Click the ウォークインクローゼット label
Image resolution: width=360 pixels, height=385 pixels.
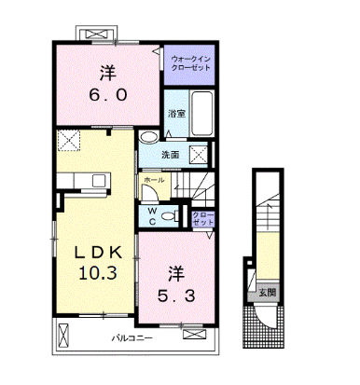(x=191, y=63)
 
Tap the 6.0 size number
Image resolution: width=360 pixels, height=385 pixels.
(x=108, y=95)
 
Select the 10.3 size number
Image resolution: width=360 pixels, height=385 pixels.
(x=98, y=273)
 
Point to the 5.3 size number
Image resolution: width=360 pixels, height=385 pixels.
(x=176, y=296)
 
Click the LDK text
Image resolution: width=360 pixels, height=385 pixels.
(x=98, y=254)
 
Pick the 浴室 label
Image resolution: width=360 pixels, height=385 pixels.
(x=177, y=114)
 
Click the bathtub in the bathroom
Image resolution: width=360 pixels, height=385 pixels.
(x=202, y=114)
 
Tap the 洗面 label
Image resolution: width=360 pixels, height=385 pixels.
(x=171, y=155)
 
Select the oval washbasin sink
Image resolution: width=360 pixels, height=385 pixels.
(x=148, y=137)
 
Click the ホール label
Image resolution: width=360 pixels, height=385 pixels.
(x=155, y=180)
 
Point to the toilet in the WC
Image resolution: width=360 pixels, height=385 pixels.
(x=171, y=215)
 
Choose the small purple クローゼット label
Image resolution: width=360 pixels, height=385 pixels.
(x=203, y=219)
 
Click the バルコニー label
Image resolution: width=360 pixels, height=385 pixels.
(x=132, y=337)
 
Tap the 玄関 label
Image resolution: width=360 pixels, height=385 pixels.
(x=268, y=293)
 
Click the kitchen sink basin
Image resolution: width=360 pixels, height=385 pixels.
(x=99, y=181)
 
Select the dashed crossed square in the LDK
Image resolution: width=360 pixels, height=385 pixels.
(x=69, y=141)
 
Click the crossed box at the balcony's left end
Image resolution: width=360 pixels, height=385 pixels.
(x=63, y=336)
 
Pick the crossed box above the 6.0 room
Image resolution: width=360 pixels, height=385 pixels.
(x=98, y=34)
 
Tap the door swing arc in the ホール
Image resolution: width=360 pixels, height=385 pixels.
(x=153, y=191)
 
